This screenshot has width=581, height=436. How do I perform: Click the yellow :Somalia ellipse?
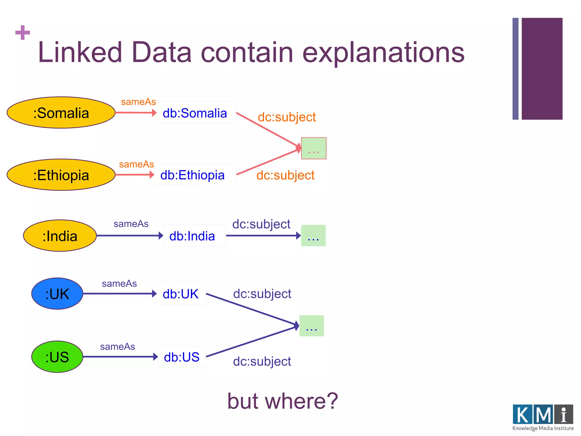pos(61,113)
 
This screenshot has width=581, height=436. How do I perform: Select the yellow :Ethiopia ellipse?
pos(61,175)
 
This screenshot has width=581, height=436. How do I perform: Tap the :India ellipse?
pos(60,236)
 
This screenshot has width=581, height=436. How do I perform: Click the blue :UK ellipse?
pos(57,294)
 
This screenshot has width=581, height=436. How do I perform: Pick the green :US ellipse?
pos(57,357)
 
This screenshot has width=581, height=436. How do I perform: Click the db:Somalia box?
pos(196,113)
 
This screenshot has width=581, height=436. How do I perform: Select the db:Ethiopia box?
pos(195,175)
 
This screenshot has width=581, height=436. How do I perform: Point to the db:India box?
pos(194,236)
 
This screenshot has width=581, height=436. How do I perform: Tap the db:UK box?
pos(181,294)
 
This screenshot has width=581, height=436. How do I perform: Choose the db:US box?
pos(182,357)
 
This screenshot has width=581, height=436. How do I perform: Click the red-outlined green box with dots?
pos(314,148)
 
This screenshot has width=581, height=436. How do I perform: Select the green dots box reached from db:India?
pos(313,236)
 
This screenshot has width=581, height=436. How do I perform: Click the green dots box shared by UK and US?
pos(311,326)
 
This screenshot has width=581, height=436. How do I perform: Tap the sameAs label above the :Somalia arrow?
pos(138,102)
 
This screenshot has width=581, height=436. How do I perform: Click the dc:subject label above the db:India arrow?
pos(261,224)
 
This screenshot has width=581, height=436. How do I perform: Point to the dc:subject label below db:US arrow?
pos(262,361)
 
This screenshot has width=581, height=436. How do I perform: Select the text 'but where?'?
pos(283,401)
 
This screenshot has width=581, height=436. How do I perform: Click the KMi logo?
pos(543,417)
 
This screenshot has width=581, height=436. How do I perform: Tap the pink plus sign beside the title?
pos(23,33)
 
